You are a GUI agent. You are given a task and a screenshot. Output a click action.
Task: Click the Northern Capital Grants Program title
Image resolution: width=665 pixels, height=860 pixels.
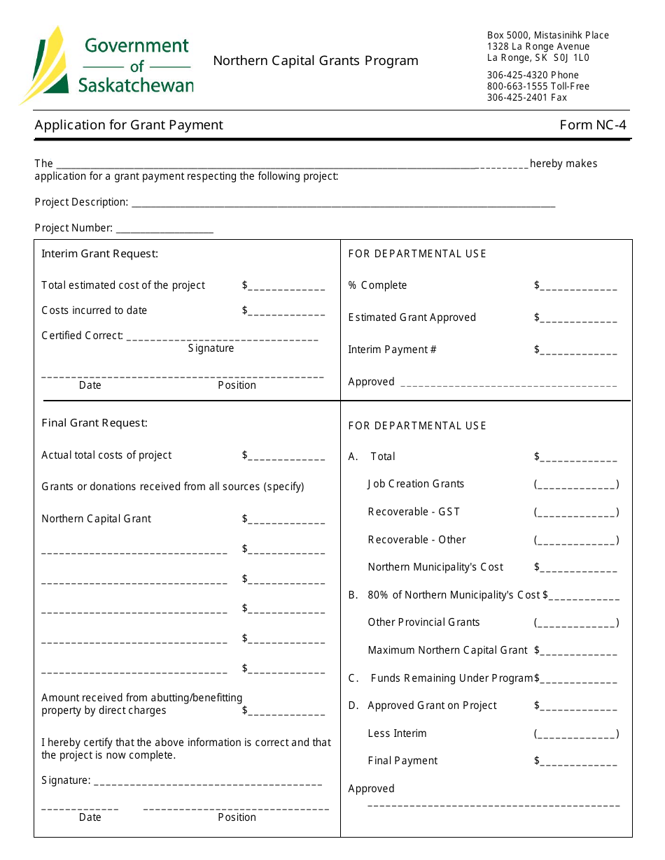coord(316,61)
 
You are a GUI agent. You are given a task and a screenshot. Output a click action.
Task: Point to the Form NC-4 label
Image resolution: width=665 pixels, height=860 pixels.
coord(593,125)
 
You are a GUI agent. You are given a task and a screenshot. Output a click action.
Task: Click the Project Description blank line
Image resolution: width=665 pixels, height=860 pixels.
coord(343,203)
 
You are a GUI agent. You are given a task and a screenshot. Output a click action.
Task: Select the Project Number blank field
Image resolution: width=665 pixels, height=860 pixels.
coord(164,229)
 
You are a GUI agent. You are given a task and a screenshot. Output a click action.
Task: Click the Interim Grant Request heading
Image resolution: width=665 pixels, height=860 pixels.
coord(100,254)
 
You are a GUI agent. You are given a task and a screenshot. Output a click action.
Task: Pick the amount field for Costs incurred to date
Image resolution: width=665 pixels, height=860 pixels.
coord(286,312)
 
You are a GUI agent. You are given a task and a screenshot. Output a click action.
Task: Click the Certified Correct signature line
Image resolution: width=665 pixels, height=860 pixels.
coord(223,337)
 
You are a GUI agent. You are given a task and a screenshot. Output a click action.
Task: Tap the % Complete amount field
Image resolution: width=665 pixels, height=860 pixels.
coord(578,287)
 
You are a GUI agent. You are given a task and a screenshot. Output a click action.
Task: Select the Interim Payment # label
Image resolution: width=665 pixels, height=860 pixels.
coord(392,350)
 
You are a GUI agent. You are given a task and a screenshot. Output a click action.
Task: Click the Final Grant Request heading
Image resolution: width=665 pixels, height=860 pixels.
coord(94,423)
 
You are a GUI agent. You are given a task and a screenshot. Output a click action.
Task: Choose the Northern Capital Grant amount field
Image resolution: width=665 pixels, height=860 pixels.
coord(286,520)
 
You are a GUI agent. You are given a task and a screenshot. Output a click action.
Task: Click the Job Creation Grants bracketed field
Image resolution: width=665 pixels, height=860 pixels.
coord(576,485)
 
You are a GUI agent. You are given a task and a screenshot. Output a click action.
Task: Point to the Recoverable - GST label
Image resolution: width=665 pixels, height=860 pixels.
coord(414,512)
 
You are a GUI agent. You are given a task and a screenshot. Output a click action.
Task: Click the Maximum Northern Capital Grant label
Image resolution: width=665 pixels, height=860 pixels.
coord(447,650)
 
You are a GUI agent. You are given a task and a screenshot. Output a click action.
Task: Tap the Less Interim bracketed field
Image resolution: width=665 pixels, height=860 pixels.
coord(576,734)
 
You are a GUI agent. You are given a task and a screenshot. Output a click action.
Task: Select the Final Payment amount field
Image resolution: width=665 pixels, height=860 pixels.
coord(578,762)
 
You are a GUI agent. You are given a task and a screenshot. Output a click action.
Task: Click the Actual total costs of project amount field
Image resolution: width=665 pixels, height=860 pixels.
coord(286,457)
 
